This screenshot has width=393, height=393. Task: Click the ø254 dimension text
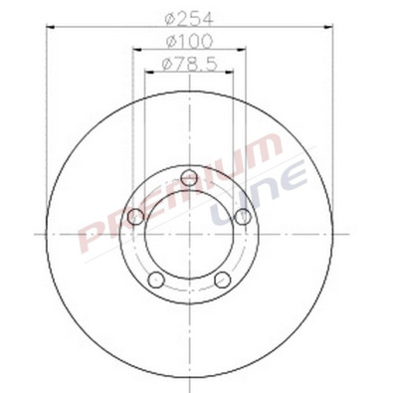(190, 17)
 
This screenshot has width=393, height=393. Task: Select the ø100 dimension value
(190, 43)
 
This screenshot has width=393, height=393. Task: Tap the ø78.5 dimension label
(190, 66)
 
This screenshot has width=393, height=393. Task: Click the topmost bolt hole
(190, 178)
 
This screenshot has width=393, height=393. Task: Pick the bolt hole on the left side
(136, 216)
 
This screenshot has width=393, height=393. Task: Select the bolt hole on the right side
(243, 216)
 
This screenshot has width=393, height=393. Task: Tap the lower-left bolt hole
(156, 280)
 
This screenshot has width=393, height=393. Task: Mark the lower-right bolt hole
(223, 280)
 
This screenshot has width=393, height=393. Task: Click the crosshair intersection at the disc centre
(190, 233)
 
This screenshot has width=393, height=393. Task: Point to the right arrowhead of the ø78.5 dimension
(230, 76)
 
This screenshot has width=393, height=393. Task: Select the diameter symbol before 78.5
(164, 66)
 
